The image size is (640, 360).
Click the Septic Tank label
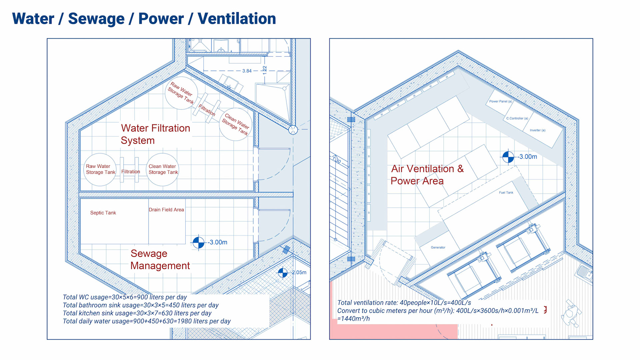point(103,213)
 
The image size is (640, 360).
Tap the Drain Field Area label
point(166,210)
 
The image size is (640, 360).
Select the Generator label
point(438,247)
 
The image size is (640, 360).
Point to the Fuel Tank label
point(506,192)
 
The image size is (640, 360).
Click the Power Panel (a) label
point(500,101)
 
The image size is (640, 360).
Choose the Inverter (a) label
point(537,130)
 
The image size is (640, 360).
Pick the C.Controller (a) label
point(517,118)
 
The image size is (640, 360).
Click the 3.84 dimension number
point(247,71)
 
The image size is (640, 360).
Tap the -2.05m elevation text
point(298,272)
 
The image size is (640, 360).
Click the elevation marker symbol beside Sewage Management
point(198,242)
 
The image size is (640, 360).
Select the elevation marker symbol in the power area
point(508,157)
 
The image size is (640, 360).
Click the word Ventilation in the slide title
point(237,19)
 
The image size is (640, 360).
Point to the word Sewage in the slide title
point(96,19)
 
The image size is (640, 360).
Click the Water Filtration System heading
point(155,134)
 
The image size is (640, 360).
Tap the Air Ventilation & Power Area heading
point(427,175)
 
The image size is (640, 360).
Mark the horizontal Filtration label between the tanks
point(130,172)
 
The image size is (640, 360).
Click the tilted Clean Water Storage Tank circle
point(236,124)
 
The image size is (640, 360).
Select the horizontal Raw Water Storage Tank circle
point(100,169)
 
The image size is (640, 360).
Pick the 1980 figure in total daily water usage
point(185,321)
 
